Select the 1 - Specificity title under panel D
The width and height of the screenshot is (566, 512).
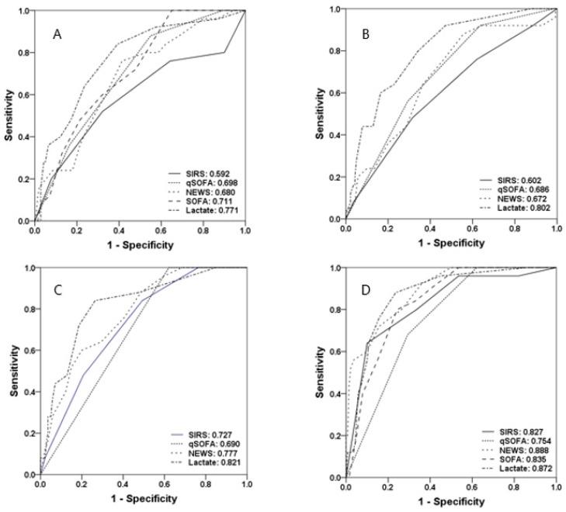451,501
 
